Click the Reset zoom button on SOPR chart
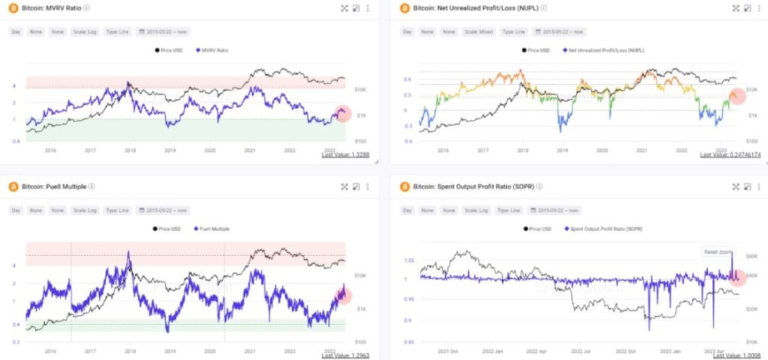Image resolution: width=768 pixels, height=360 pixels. (x=718, y=251)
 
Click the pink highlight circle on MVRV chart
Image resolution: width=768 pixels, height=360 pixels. (x=343, y=113)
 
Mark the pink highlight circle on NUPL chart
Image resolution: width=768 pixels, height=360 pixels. (x=736, y=96)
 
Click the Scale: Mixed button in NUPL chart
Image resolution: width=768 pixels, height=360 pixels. (x=476, y=32)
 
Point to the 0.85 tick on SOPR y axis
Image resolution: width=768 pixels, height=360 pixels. (x=408, y=341)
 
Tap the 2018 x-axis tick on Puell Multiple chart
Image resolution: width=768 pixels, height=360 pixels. (x=130, y=349)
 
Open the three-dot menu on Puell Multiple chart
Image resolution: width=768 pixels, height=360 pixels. (x=367, y=186)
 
